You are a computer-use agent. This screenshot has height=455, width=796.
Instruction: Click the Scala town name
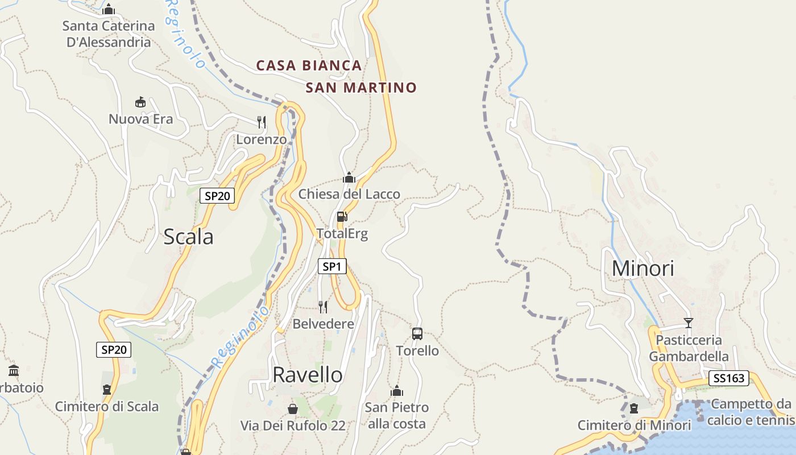[188, 237]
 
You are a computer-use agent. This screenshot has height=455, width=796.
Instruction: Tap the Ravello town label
[308, 375]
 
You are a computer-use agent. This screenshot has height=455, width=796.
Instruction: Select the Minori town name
[642, 268]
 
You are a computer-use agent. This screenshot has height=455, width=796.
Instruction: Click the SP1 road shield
[332, 266]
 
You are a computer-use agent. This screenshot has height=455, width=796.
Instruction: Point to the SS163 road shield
[729, 378]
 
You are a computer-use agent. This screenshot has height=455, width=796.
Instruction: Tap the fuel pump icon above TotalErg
[342, 216]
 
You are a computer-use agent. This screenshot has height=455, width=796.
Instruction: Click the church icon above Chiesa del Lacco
[349, 177]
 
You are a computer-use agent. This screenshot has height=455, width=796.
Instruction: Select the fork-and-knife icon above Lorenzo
[262, 122]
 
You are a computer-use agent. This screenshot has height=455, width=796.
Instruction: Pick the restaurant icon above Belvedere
[323, 307]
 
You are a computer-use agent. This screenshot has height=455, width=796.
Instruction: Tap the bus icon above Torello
[417, 334]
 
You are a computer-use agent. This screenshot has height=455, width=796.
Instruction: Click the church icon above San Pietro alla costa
[397, 391]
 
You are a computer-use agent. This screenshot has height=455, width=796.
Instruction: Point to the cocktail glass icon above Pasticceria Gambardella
[689, 323]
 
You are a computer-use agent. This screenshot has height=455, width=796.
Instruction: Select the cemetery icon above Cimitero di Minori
[634, 408]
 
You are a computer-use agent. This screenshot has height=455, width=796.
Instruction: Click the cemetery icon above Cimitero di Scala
[106, 390]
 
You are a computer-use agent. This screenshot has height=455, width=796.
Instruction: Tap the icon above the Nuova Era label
[140, 102]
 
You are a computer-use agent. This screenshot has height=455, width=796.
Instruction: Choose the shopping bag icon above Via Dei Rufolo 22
[292, 408]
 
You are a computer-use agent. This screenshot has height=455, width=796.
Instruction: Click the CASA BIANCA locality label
[309, 65]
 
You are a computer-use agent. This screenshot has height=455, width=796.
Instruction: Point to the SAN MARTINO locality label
[361, 88]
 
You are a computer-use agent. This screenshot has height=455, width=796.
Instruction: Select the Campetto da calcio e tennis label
[751, 412]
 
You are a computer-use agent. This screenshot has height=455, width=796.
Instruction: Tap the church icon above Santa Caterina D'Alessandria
[109, 9]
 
